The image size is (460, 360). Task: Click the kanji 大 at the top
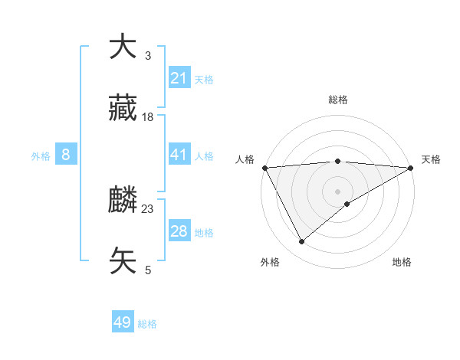point(123,47)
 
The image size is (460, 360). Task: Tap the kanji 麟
point(123,200)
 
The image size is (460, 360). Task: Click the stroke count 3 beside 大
point(148,56)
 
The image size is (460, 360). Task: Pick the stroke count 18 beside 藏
point(148,117)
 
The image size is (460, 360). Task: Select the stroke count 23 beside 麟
point(148,209)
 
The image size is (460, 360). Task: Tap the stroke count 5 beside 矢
point(148,270)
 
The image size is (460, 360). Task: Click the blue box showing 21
point(179,78)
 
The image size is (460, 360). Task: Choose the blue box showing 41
point(179,155)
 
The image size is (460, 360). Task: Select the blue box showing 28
point(179,231)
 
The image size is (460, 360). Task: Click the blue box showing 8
point(66,155)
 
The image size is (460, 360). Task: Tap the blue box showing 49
point(123,323)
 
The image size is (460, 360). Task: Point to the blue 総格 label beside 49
point(148,324)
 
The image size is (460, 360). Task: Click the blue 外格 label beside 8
point(41,155)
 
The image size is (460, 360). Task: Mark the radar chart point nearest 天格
point(411,168)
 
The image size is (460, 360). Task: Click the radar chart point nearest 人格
point(264,168)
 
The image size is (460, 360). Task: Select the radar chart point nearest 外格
point(301,242)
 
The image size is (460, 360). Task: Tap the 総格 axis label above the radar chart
point(338,100)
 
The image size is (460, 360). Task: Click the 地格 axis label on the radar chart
point(402,262)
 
